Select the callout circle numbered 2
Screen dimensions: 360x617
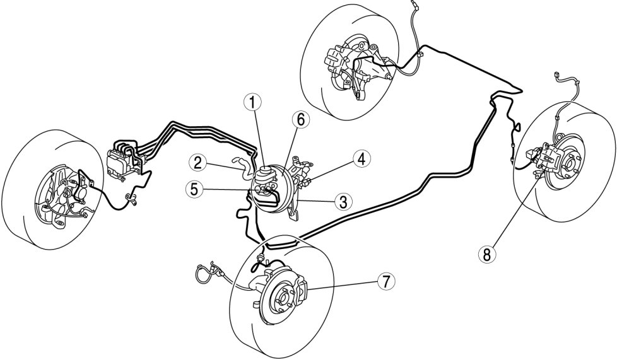[x=197, y=163]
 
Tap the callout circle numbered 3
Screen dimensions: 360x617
[x=343, y=202]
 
